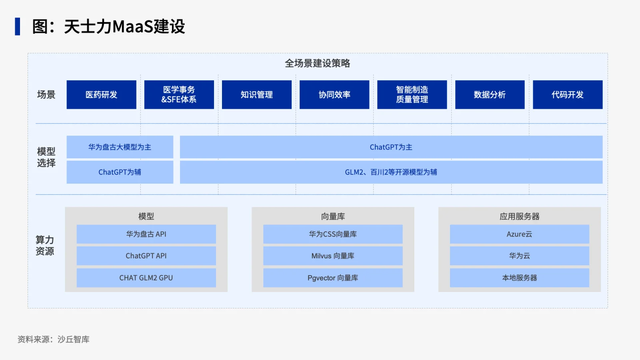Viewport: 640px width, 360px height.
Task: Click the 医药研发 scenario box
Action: pos(102,94)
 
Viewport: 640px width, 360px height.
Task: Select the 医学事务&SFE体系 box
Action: pos(179,94)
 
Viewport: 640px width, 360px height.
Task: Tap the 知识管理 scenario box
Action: pos(257,94)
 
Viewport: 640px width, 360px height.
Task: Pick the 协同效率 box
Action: pos(334,94)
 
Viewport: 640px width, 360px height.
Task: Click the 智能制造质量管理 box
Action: pos(412,94)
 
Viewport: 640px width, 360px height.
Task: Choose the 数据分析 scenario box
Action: pos(490,94)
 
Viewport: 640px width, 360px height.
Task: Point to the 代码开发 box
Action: pos(568,94)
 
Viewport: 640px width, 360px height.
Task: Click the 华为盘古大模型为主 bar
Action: pos(120,147)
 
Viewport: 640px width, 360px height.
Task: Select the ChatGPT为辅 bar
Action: pos(120,172)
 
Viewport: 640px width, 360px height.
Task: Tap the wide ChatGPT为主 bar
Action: pos(391,147)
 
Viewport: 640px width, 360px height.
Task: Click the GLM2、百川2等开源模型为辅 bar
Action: pos(391,172)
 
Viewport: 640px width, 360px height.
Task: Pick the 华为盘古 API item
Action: pos(146,234)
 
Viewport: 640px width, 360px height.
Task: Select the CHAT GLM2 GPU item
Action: pos(146,278)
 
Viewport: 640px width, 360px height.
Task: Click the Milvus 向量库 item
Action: pos(333,256)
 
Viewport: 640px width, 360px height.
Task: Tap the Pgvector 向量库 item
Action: pos(333,278)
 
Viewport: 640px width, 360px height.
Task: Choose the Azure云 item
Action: pos(520,234)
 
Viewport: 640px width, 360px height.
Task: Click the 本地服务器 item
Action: pos(520,278)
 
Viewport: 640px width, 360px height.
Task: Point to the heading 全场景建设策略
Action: pos(318,63)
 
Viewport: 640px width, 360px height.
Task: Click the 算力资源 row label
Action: pos(45,246)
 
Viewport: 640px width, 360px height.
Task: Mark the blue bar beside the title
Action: pos(18,26)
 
